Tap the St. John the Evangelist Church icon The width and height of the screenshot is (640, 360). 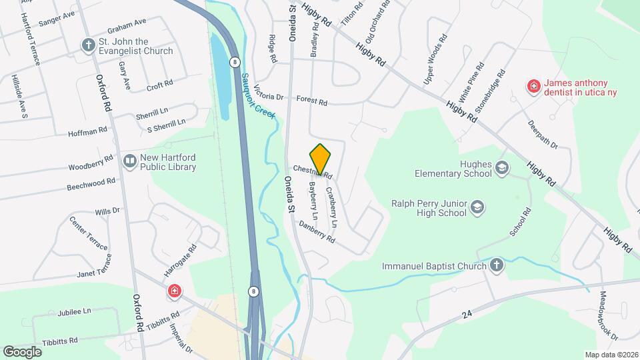88,45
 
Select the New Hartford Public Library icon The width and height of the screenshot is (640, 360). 129,161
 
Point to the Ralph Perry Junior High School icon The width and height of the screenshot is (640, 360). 477,208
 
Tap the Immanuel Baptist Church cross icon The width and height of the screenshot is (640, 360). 496,266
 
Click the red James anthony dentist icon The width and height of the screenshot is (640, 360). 533,86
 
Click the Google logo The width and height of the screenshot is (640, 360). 23,351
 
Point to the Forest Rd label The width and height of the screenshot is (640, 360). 312,102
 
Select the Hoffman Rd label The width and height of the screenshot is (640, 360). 87,133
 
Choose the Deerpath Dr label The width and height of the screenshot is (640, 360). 542,134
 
